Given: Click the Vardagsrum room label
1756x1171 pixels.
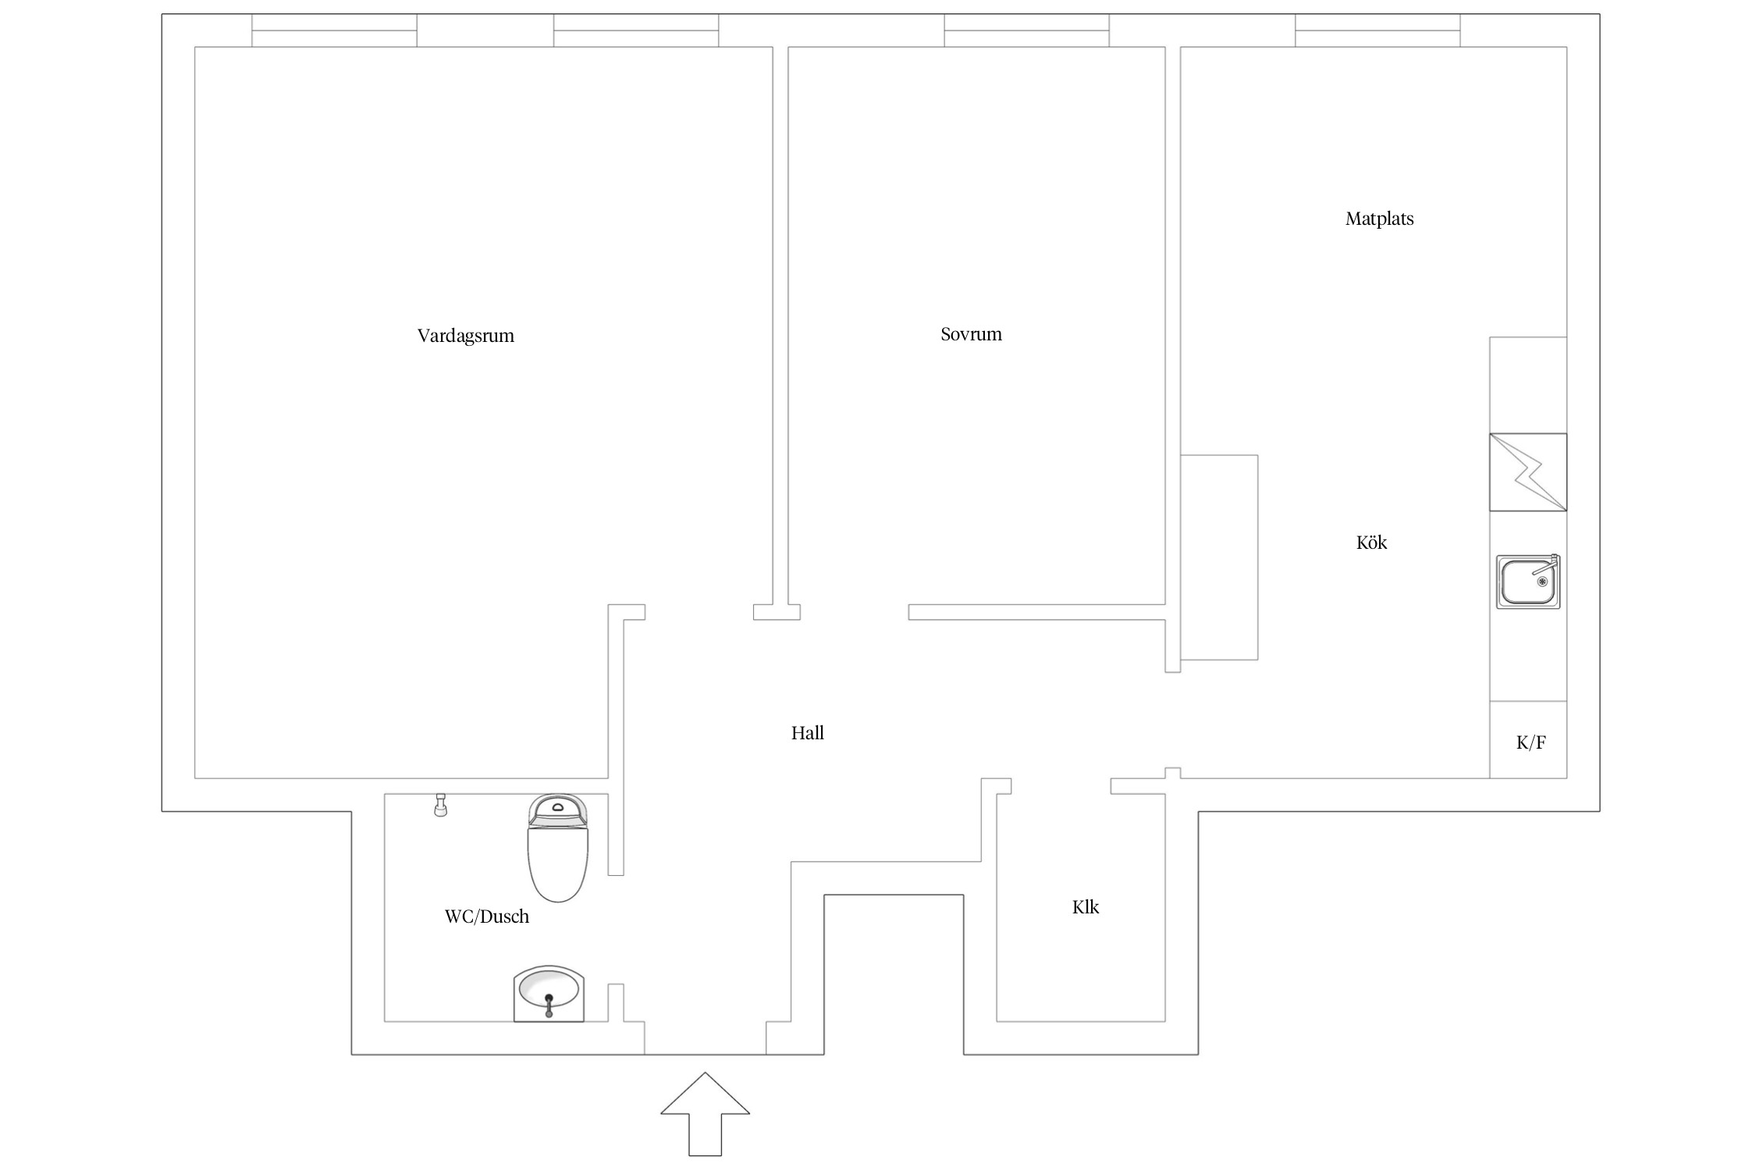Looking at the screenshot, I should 465,336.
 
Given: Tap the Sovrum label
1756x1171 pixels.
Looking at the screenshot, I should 971,334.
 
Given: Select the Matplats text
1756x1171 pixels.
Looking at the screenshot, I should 1379,219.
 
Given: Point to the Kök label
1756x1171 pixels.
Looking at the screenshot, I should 1371,543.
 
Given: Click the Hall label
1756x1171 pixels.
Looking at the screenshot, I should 807,733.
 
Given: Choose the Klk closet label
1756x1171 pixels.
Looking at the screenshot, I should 1085,907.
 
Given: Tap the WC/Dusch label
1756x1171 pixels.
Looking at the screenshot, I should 486,917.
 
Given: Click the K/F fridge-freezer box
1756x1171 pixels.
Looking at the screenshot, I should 1528,740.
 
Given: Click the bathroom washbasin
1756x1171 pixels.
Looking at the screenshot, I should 549,993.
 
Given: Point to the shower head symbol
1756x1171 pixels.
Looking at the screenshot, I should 441,805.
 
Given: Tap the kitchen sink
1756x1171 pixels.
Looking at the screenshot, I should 1527,582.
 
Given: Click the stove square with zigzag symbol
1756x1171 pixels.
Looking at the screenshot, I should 1527,472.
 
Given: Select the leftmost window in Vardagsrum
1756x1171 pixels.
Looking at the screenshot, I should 334,30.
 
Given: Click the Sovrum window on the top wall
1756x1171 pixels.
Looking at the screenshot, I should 1026,30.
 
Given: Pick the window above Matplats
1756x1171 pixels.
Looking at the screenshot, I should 1377,30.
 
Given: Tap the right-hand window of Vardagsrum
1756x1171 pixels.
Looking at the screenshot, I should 636,30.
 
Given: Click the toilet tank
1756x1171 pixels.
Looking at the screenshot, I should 557,810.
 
